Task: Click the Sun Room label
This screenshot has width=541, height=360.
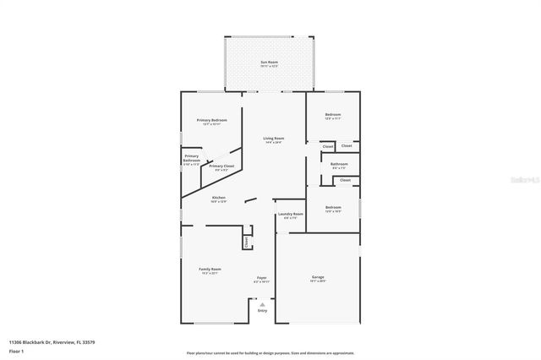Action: (x=270, y=63)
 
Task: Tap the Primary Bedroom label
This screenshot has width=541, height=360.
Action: (x=211, y=121)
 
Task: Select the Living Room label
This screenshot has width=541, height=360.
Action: (x=273, y=139)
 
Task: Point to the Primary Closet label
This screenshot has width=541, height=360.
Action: (x=221, y=166)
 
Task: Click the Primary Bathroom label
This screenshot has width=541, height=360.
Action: (x=192, y=159)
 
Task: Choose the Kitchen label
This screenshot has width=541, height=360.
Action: (x=219, y=198)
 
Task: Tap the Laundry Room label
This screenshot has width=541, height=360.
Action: (x=290, y=215)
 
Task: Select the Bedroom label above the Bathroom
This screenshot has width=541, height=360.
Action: (x=333, y=115)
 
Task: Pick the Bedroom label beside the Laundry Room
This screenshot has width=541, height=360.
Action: (x=333, y=208)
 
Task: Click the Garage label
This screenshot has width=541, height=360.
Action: (x=318, y=278)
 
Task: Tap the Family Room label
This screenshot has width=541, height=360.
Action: (x=210, y=270)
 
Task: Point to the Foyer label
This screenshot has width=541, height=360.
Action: (x=262, y=278)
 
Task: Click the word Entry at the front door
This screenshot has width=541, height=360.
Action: (x=262, y=312)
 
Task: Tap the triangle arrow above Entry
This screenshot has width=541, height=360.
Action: (x=262, y=304)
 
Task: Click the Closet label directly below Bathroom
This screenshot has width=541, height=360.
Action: (x=345, y=180)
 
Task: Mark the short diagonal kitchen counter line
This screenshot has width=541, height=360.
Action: (x=250, y=200)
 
